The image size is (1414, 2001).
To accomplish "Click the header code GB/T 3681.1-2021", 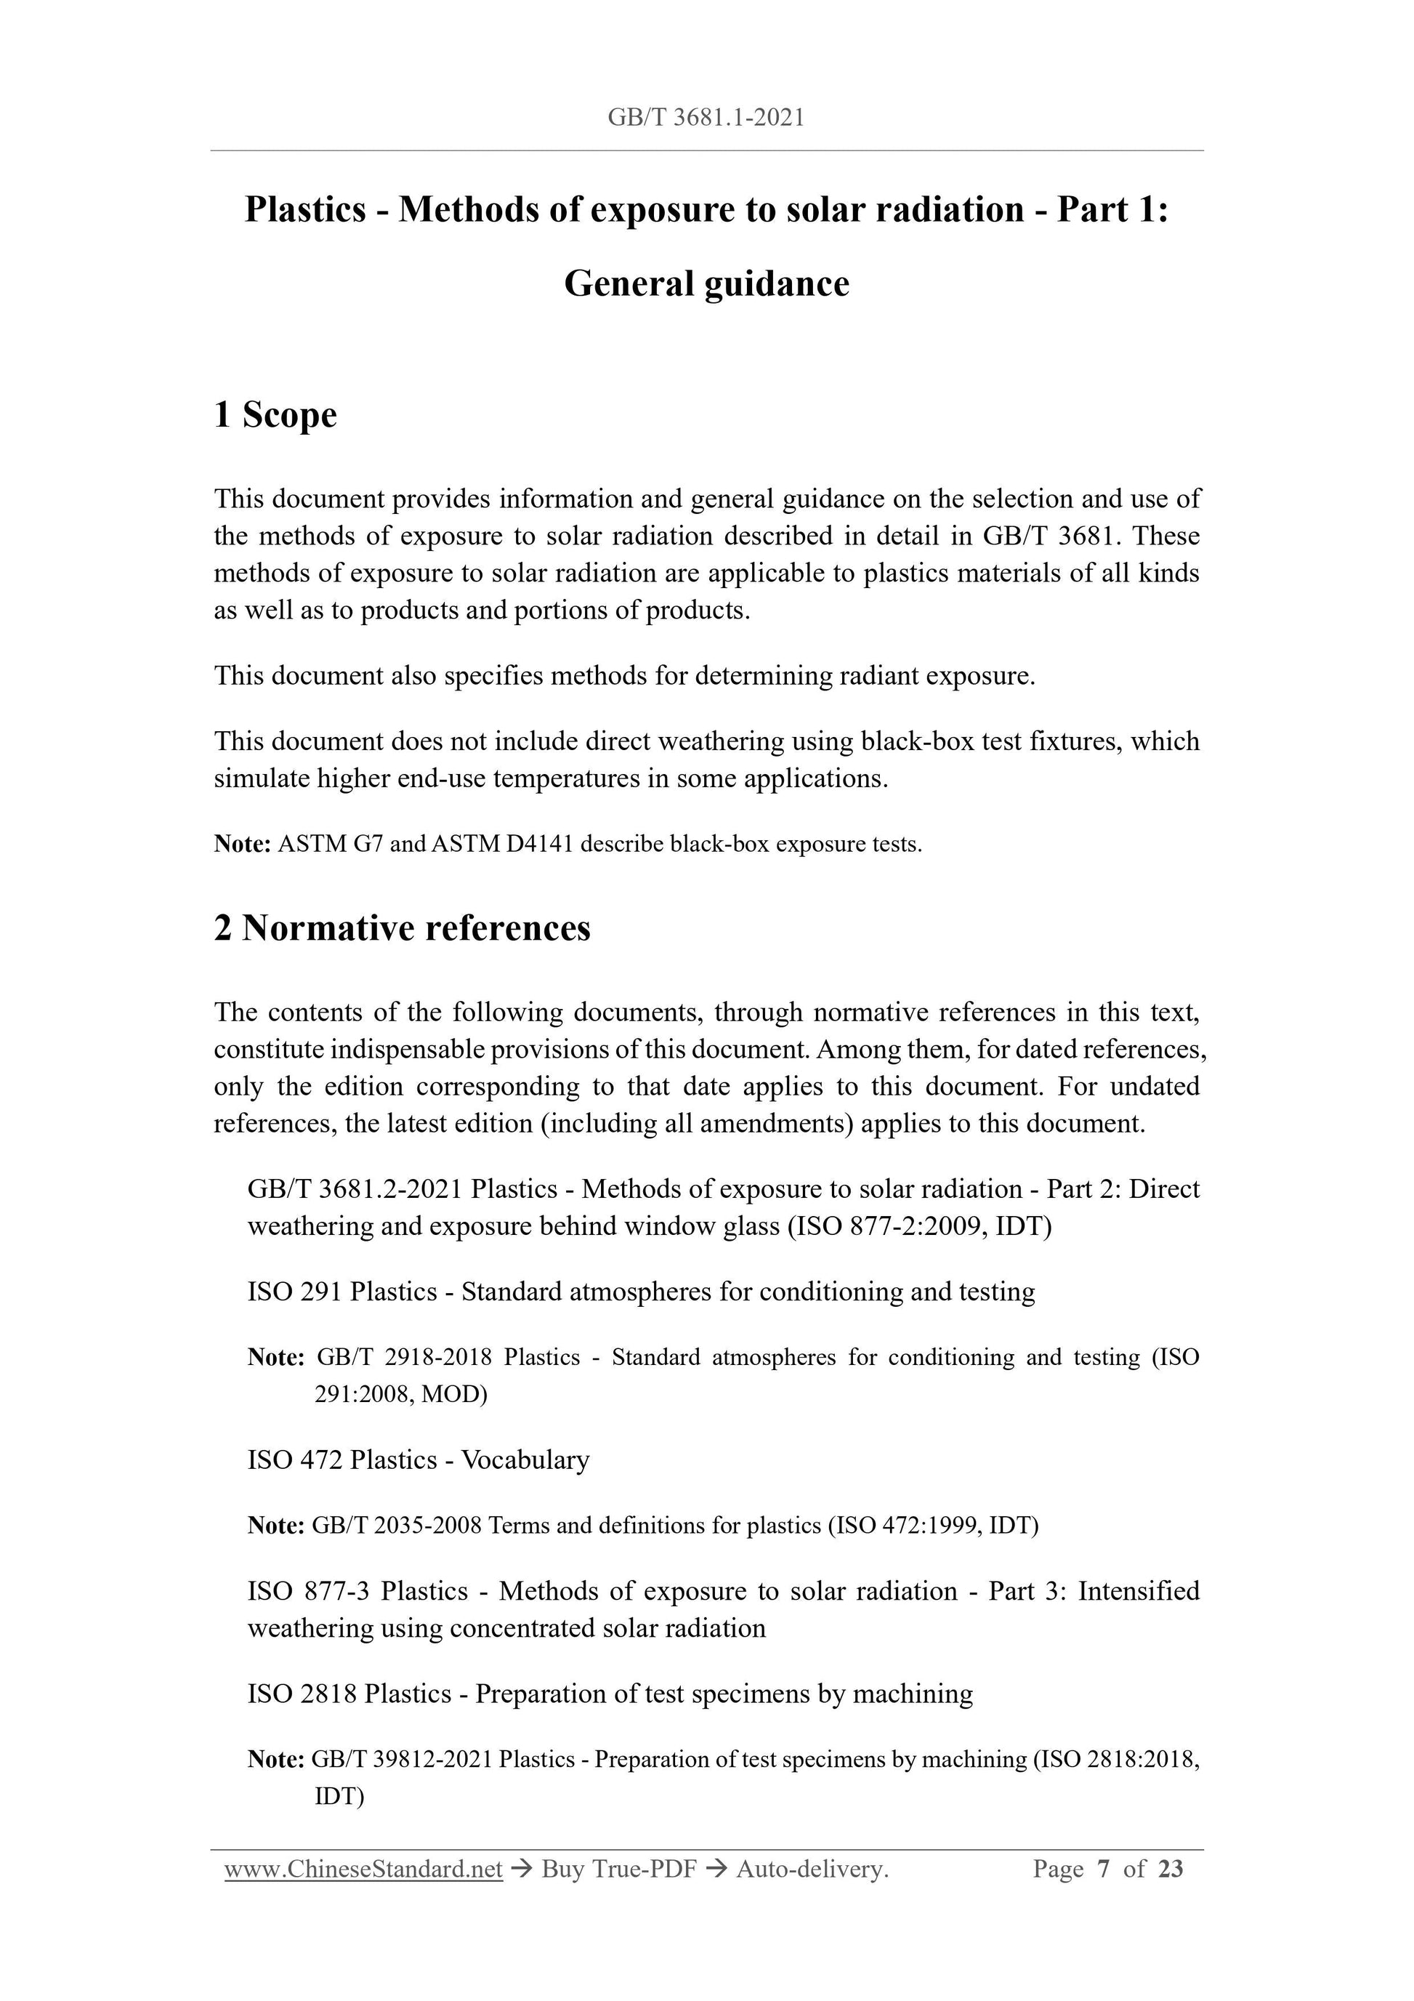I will point(706,118).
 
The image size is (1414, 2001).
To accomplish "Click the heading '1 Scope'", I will point(275,414).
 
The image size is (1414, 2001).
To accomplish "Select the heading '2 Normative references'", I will point(402,928).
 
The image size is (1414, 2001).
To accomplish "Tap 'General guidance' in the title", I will point(706,284).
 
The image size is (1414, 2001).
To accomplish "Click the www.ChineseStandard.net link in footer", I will point(363,1869).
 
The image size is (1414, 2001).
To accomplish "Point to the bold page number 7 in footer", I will point(1104,1869).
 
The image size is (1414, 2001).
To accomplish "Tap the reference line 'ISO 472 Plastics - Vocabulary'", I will point(419,1460).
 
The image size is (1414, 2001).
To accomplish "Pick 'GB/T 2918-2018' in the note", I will point(404,1358).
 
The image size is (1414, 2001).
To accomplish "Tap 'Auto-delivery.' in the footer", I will point(812,1869).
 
